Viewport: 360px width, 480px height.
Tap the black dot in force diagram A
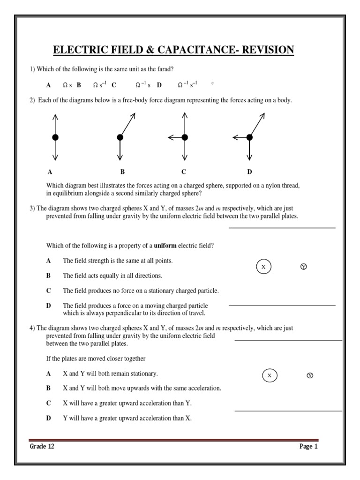(x=55, y=137)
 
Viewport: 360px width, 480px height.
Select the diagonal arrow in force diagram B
(x=127, y=124)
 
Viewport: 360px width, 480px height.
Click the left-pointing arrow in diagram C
(x=175, y=137)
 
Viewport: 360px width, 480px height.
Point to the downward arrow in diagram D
(x=249, y=150)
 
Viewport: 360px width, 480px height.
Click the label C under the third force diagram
(x=184, y=172)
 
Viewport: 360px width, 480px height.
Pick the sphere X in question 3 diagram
(x=263, y=267)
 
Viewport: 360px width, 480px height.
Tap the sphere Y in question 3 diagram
(x=303, y=267)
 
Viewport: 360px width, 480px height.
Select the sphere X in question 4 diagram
(x=269, y=376)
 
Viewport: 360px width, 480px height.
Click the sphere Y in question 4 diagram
(x=309, y=376)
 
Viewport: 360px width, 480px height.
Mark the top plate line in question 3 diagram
(x=282, y=228)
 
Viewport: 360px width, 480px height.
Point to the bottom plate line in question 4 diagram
(x=288, y=411)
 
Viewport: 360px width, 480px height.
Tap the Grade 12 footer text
(x=42, y=447)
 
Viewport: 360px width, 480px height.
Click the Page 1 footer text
(x=308, y=447)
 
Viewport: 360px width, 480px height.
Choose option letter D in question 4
(x=48, y=418)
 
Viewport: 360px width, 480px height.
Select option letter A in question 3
(x=48, y=261)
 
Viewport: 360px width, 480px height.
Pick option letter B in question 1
(x=79, y=85)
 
